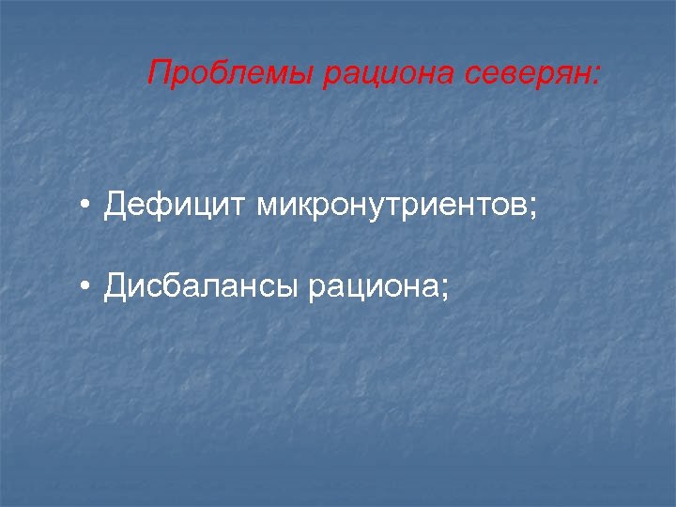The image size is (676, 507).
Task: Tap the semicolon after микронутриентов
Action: pyautogui.click(x=534, y=207)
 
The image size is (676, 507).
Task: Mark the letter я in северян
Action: pyautogui.click(x=560, y=74)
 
